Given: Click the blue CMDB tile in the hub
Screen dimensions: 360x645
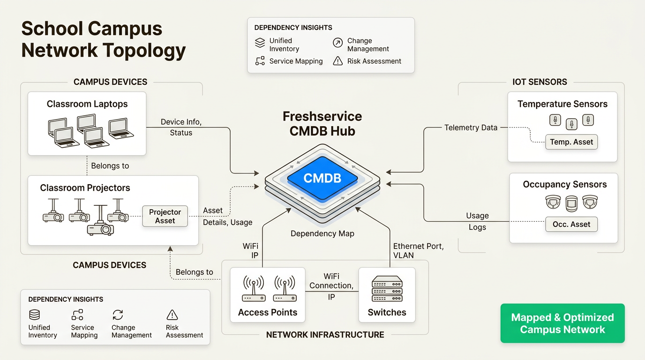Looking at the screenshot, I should pos(322,178).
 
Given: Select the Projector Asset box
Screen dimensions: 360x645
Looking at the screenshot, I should pos(165,217).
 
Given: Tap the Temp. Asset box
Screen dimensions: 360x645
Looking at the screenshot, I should pos(571,142).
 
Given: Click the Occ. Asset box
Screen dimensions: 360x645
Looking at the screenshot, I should pos(571,225).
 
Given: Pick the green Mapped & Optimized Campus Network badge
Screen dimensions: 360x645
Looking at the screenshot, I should pos(562,323).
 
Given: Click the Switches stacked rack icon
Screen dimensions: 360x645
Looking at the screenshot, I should pos(387,289).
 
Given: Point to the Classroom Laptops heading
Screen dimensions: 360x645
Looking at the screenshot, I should pos(87,104).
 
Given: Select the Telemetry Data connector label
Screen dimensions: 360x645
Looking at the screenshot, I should pos(471,127).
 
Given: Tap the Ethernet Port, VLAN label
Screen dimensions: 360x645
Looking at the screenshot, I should pos(419,251).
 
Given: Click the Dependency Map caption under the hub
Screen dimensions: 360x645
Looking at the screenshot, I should pos(322,233).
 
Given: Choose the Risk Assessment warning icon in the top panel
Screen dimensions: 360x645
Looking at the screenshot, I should pos(337,61).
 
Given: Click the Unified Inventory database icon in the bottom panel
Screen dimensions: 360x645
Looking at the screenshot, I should pos(35,315).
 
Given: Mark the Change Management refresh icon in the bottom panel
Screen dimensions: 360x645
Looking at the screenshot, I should pos(118,315).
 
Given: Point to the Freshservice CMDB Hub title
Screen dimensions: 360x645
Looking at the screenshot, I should pos(322,123).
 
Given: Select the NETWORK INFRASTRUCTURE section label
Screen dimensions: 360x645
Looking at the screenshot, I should pos(325,335).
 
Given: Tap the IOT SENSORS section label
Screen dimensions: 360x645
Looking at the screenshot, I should pos(540,82).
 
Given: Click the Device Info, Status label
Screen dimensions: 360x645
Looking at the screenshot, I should pos(181,127).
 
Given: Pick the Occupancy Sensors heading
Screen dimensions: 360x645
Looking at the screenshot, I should pos(565,185).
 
